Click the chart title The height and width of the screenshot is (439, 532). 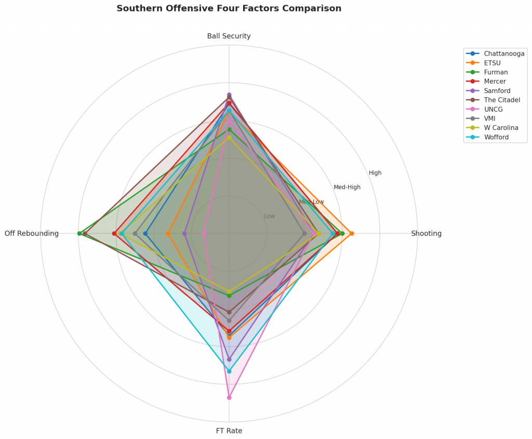229,8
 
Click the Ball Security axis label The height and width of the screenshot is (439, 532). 229,36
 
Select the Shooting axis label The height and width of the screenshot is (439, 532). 426,233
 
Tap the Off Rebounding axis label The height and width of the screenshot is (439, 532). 32,233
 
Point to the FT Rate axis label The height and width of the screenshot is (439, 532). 229,431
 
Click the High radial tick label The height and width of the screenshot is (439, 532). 375,173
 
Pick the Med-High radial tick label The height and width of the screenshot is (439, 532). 347,187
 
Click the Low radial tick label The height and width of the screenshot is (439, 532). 270,216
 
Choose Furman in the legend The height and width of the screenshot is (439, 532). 496,72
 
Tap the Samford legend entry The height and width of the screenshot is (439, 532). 497,91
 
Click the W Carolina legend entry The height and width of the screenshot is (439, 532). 501,128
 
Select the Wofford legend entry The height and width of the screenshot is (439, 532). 496,137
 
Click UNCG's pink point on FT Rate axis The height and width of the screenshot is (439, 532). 229,397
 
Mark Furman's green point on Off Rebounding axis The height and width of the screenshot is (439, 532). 79,233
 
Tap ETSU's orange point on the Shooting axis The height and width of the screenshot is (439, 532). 352,233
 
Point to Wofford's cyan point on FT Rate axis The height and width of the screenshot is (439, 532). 229,371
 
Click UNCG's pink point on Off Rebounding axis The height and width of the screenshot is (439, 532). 204,233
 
